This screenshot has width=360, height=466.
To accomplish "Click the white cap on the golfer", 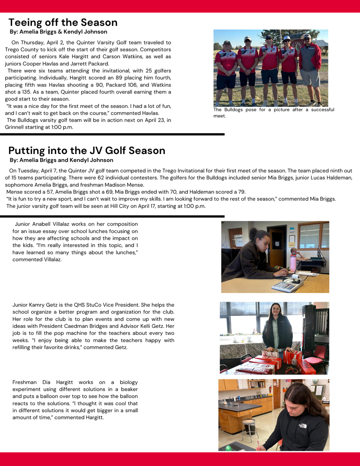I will tap(286, 38).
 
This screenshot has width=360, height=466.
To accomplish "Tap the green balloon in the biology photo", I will tap(228, 448).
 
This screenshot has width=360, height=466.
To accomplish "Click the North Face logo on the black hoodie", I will tap(302, 426).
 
